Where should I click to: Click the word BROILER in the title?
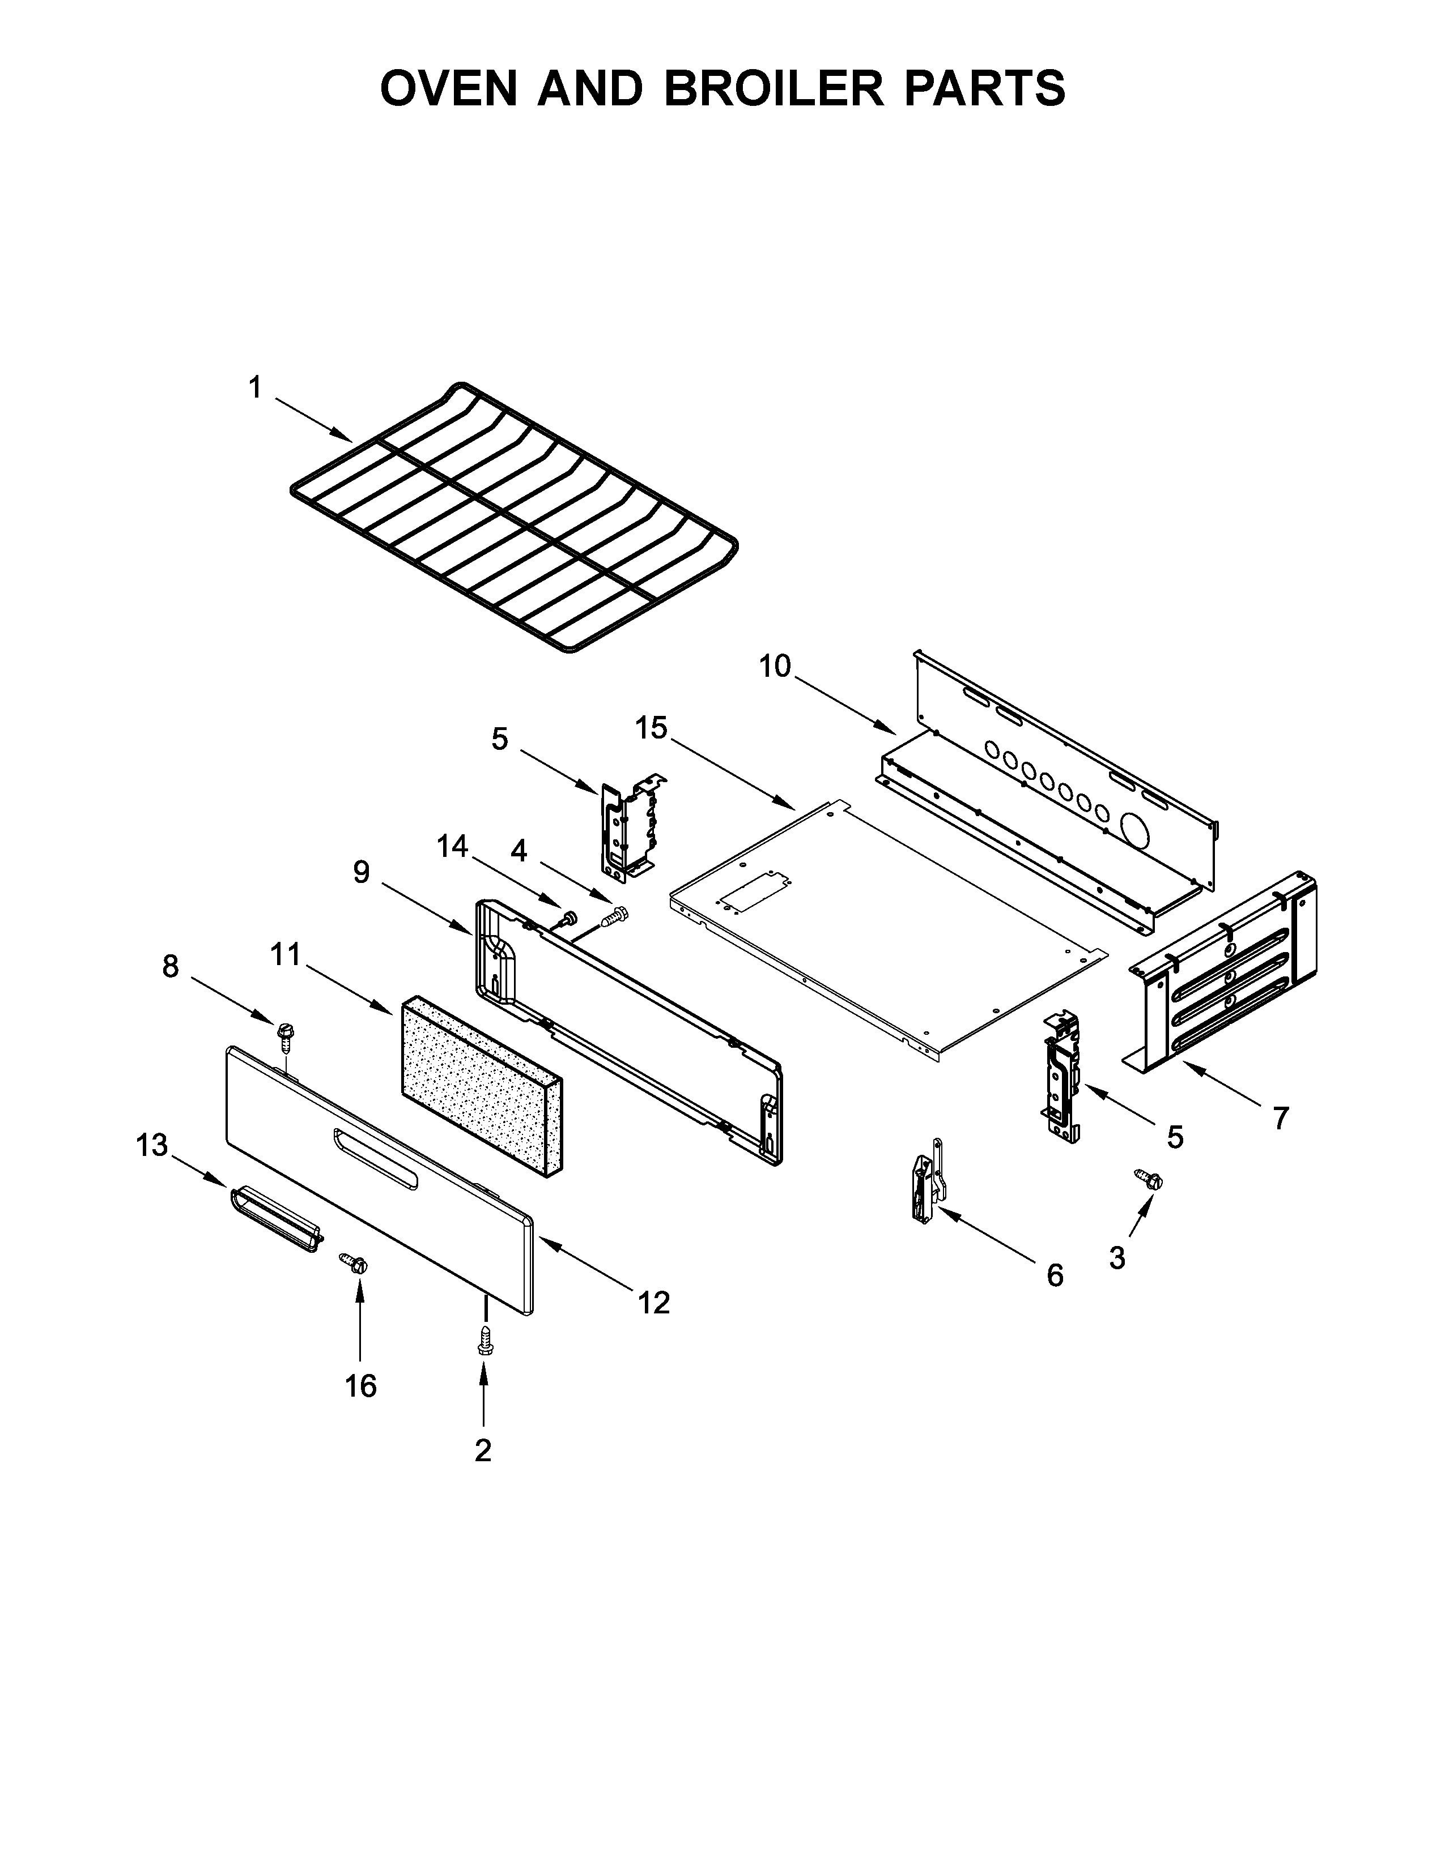coord(773,88)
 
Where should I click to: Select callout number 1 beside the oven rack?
coord(254,389)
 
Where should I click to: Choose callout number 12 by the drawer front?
coord(653,1303)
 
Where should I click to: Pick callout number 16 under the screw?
coord(360,1385)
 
